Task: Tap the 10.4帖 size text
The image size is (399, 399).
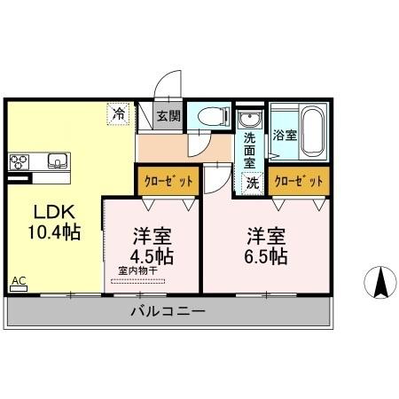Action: [x=54, y=233]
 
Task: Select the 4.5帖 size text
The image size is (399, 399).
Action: [x=153, y=255]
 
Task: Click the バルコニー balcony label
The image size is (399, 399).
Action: [x=168, y=312]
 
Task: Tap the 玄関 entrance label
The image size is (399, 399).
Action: [x=168, y=115]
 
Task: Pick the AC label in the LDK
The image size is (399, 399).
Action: [x=19, y=282]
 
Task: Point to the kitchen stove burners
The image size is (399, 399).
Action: [x=20, y=161]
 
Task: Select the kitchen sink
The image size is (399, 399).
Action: [x=55, y=160]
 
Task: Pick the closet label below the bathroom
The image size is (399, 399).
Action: [x=298, y=181]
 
